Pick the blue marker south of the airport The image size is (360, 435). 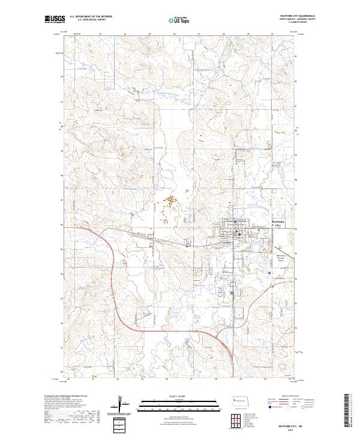[270, 272]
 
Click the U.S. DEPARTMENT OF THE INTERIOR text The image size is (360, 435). [91, 17]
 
